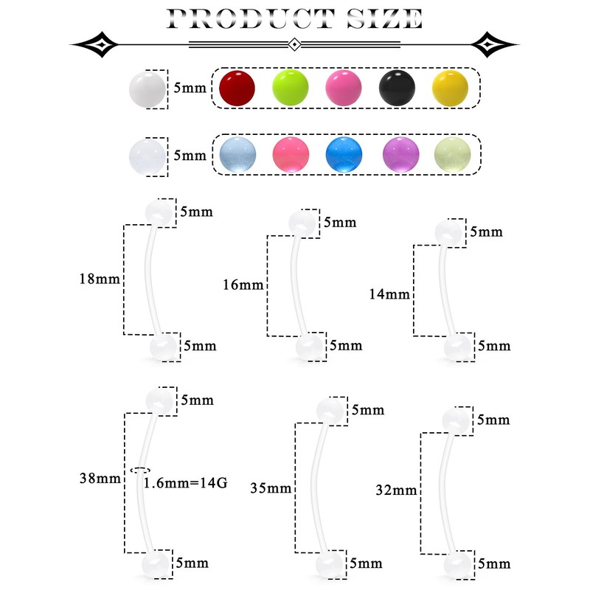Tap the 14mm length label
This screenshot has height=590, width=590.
click(x=388, y=294)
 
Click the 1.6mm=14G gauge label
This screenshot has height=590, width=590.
click(x=185, y=484)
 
